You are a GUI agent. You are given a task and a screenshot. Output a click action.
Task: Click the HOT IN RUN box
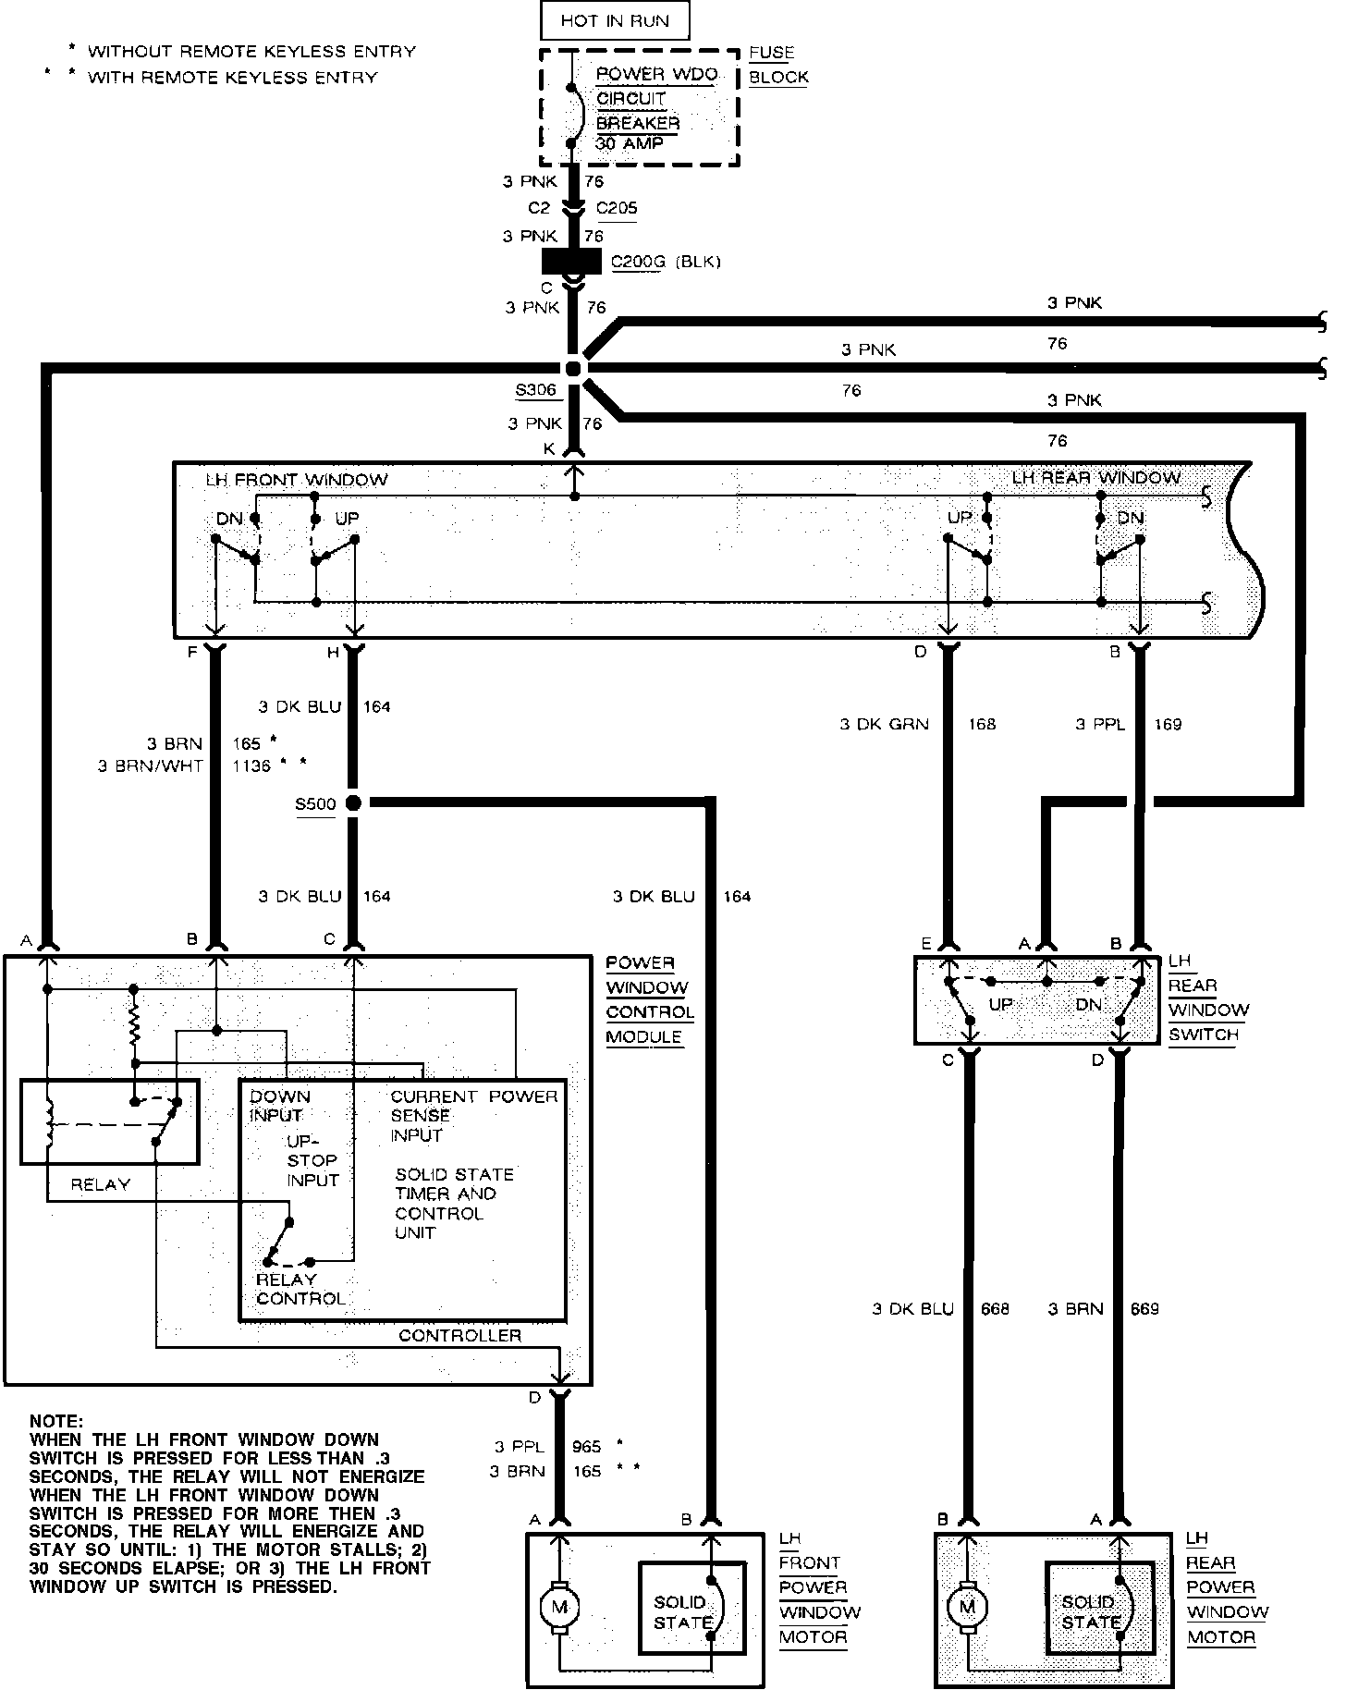point(615,20)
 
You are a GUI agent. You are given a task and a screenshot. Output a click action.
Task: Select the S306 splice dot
point(574,368)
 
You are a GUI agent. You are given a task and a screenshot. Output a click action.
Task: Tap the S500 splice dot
point(352,803)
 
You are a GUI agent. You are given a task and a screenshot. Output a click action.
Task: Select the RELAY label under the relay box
point(101,1184)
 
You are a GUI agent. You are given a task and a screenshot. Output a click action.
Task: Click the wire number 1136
point(251,765)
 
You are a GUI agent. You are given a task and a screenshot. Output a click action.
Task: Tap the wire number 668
point(995,1308)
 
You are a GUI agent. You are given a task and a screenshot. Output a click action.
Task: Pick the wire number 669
point(1144,1308)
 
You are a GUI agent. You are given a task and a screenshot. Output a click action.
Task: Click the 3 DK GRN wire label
point(884,725)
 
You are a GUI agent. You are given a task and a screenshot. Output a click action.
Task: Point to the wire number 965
point(586,1447)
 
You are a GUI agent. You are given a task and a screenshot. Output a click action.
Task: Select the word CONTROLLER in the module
point(459,1336)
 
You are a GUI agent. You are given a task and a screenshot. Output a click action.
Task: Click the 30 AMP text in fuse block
point(630,144)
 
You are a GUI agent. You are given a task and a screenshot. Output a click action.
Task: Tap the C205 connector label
point(617,208)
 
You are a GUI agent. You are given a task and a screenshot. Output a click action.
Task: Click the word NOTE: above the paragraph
point(56,1421)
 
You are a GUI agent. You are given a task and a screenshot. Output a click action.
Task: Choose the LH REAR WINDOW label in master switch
point(1096,478)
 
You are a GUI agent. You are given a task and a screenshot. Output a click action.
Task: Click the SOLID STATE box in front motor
point(690,1608)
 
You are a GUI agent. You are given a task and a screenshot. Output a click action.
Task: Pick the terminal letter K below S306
point(549,449)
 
